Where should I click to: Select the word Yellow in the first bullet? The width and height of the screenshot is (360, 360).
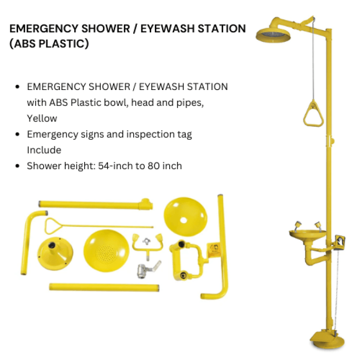42,118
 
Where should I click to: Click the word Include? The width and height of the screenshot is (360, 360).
44,150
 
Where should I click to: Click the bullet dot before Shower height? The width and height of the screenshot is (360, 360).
17,166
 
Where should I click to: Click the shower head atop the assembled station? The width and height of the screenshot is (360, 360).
273,35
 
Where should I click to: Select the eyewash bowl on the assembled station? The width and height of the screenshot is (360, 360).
308,234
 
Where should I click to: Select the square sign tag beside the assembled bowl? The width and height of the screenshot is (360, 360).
342,241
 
